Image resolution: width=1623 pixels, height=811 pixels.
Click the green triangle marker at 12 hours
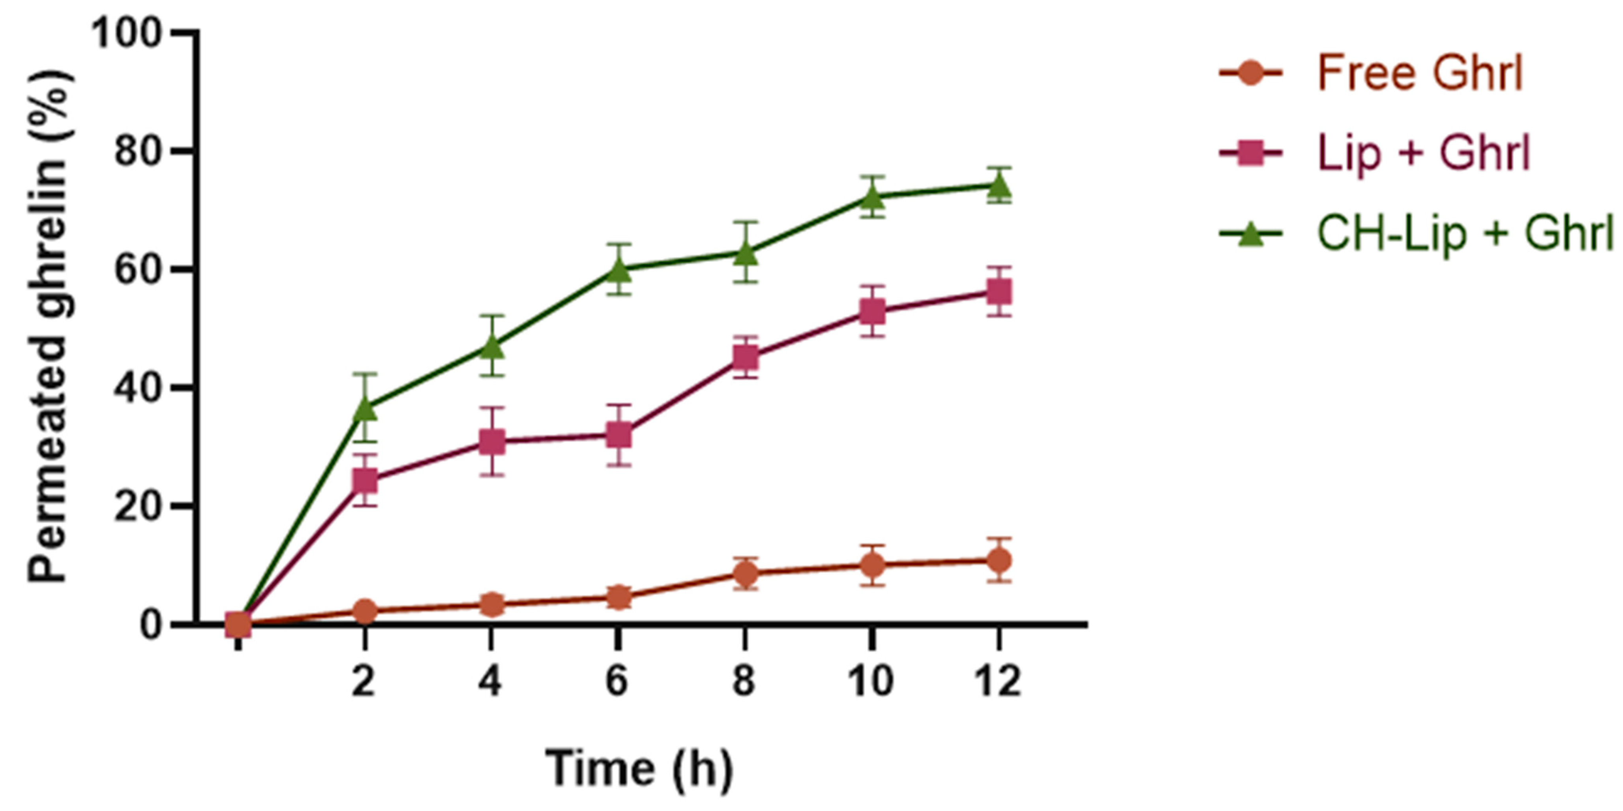click(999, 186)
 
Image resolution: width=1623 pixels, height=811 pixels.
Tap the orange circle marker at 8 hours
click(745, 573)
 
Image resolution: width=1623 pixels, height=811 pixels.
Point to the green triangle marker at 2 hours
click(365, 408)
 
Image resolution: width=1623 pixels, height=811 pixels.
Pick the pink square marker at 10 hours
click(872, 311)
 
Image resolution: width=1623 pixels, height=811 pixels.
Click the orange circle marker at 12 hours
click(999, 559)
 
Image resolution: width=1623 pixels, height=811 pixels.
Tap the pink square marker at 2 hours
click(365, 481)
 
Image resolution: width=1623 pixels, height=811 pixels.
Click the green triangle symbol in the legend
click(1251, 235)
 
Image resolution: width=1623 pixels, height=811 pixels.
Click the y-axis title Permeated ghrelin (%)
click(49, 328)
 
